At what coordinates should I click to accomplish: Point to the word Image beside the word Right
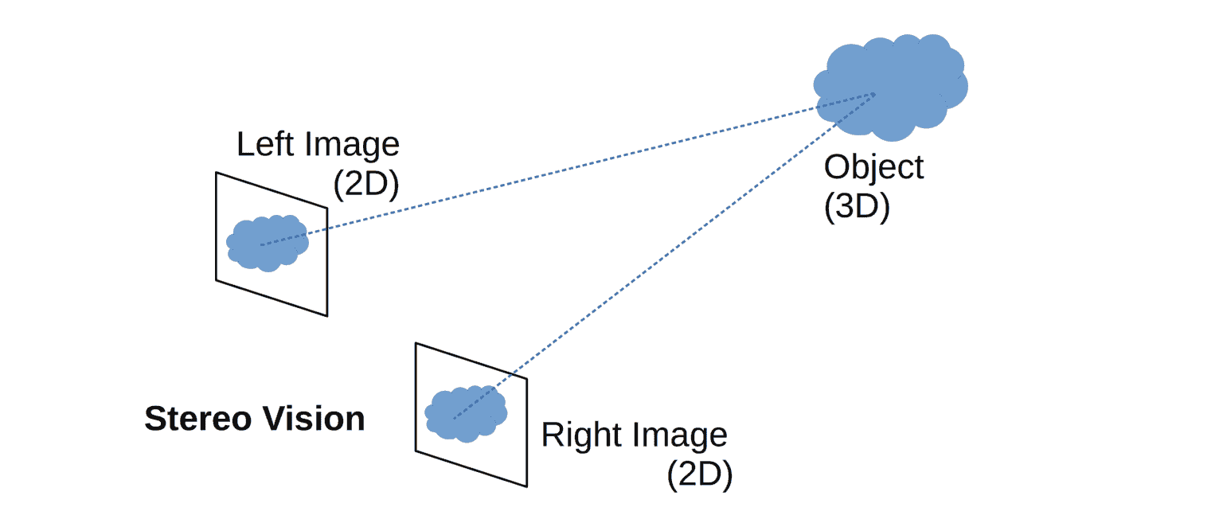(x=681, y=435)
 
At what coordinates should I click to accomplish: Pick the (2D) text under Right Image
(x=699, y=475)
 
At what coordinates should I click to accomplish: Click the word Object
(x=873, y=168)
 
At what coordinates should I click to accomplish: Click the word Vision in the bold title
(x=318, y=419)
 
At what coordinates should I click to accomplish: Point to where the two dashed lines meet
(x=874, y=95)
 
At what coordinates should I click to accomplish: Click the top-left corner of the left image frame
(x=217, y=173)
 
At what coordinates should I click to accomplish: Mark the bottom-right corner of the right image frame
(x=526, y=486)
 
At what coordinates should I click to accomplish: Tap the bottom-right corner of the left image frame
(x=327, y=316)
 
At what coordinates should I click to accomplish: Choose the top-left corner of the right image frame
(x=416, y=343)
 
